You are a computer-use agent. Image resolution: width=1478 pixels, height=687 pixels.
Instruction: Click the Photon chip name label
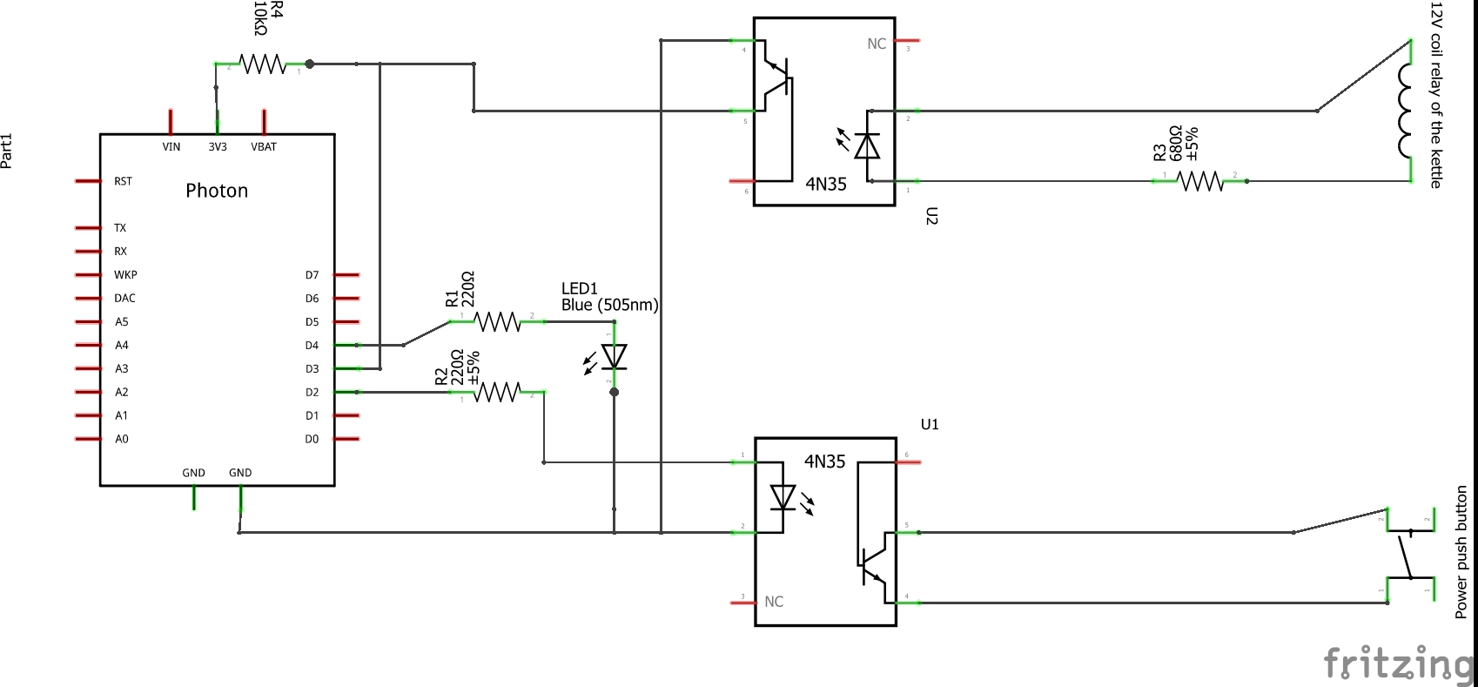point(217,191)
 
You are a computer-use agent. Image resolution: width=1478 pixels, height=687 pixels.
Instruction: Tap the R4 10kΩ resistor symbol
point(262,64)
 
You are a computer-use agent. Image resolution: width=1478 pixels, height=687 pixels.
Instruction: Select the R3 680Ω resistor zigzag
point(1199,181)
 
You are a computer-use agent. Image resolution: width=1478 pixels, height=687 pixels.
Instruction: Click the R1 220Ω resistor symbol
point(497,321)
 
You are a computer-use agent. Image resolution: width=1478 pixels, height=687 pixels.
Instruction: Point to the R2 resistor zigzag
point(497,392)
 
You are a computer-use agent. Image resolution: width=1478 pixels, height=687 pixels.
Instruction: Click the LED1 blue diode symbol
point(615,357)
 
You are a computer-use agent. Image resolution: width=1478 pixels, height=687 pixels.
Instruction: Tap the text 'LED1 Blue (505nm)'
point(608,297)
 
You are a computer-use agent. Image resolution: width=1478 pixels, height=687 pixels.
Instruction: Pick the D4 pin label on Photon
point(312,346)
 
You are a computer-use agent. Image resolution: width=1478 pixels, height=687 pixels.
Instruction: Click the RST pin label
point(123,181)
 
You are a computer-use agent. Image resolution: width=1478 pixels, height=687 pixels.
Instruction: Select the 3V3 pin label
point(217,147)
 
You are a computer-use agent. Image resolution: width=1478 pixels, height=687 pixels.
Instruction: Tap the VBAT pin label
point(264,147)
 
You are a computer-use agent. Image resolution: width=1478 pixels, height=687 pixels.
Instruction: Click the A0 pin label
point(122,439)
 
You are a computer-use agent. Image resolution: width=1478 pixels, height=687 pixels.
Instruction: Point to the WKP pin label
point(125,274)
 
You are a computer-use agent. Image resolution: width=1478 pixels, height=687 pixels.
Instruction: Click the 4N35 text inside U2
point(825,184)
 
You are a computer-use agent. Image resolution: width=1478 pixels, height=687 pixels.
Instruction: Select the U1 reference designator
point(930,424)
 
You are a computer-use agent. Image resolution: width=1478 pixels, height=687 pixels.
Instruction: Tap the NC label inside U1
point(774,602)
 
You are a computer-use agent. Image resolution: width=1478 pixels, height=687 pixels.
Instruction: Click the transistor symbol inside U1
point(873,565)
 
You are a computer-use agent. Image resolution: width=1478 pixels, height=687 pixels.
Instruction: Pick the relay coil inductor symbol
point(1405,111)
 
